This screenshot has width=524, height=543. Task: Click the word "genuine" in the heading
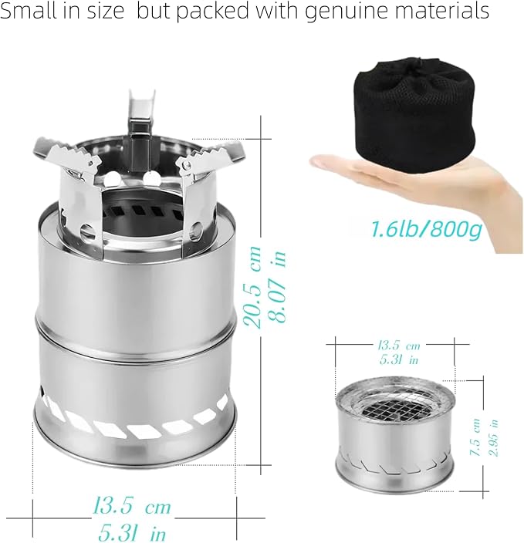tap(347, 11)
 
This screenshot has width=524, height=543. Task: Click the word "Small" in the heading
tap(26, 10)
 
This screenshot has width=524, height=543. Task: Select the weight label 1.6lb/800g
tap(427, 229)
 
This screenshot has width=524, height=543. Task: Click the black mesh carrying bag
tap(414, 115)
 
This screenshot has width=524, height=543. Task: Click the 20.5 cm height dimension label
tap(252, 287)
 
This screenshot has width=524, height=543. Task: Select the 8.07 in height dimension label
tap(278, 286)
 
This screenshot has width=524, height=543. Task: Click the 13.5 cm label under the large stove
tap(132, 507)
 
